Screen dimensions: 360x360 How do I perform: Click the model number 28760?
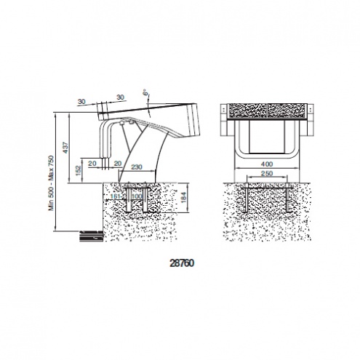182,263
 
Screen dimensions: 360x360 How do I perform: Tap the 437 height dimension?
65,148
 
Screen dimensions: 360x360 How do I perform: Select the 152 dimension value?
78,171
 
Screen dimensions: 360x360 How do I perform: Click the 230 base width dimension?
137,167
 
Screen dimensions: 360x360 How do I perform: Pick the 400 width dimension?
267,164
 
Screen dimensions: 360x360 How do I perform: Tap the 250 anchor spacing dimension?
267,174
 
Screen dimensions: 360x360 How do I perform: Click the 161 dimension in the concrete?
115,196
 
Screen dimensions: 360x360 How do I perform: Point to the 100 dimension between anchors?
137,196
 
